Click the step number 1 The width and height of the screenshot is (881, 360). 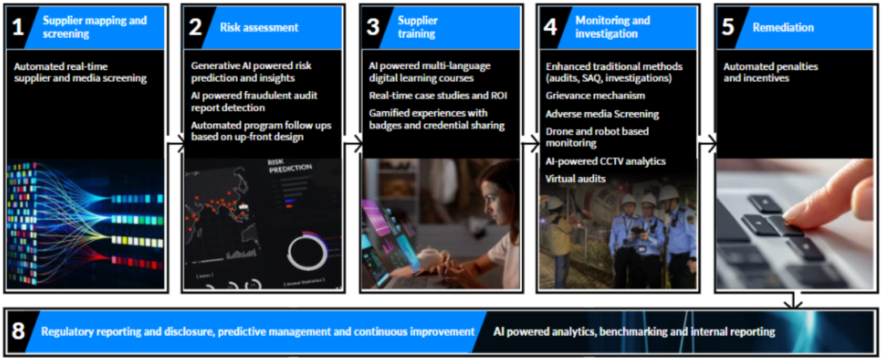point(18,28)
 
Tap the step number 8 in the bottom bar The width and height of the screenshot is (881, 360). point(18,331)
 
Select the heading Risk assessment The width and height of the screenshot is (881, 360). point(259,27)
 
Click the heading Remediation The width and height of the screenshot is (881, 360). point(783,27)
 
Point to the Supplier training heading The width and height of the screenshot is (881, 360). point(417,27)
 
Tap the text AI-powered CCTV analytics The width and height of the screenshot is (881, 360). point(606,161)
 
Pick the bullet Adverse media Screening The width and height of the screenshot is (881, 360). point(602,114)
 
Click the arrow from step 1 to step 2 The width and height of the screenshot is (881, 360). point(177,146)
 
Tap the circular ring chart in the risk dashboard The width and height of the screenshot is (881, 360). point(308,250)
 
